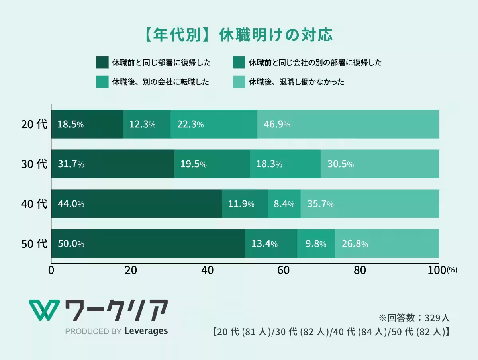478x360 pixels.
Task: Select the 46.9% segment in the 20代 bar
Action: (348, 124)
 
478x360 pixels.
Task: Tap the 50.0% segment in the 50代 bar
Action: (148, 244)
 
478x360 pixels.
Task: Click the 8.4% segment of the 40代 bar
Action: (284, 204)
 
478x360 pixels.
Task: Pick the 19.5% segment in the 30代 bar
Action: (212, 164)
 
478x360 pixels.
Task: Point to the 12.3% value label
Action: (142, 125)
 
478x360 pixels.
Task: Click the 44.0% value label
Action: (71, 204)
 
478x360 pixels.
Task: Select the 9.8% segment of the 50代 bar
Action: (316, 244)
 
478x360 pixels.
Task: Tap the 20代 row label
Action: (34, 124)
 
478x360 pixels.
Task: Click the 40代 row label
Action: (34, 204)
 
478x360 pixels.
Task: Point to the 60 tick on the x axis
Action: (283, 270)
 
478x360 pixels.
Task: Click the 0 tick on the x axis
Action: (51, 270)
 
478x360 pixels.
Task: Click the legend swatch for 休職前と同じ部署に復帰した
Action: (102, 63)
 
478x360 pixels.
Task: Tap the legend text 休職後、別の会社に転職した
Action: (161, 82)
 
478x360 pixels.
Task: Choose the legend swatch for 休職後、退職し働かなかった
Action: (238, 82)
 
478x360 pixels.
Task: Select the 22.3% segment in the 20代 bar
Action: (214, 124)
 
